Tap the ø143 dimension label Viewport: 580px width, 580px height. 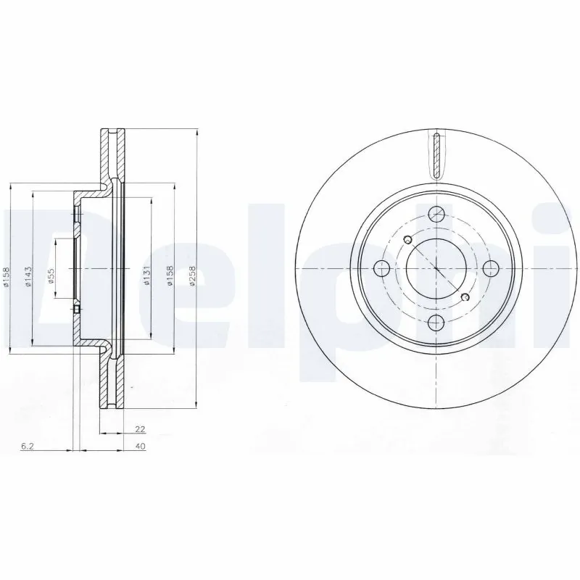[x=28, y=277]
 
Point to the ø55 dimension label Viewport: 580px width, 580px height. [x=51, y=277]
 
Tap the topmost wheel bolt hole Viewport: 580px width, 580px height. [x=436, y=214]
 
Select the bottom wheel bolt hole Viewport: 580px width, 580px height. [x=436, y=323]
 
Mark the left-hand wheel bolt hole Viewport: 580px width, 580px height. [x=381, y=269]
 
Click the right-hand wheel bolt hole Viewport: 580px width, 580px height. [x=491, y=269]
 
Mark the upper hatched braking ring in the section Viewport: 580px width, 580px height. [x=111, y=156]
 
